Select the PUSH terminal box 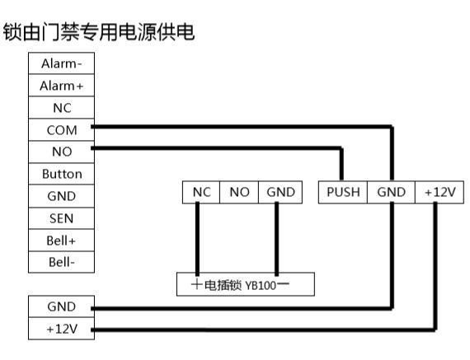[342, 192]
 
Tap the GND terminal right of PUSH [391, 192]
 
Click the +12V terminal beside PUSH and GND [439, 192]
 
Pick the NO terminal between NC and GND [239, 192]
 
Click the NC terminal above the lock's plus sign [201, 192]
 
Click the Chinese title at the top [99, 33]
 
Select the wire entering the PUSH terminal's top [341, 165]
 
